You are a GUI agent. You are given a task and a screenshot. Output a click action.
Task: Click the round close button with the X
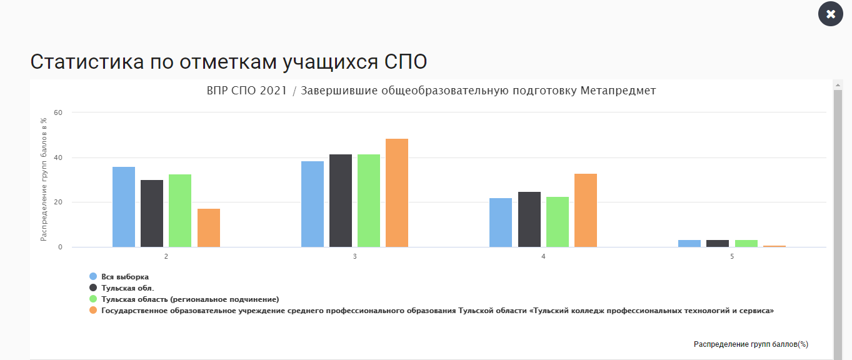coord(831,14)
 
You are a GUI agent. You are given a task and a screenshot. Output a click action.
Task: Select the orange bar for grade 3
coord(397,192)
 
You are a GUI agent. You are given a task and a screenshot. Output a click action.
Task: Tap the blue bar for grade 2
coord(124,207)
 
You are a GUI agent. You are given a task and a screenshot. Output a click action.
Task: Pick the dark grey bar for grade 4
coord(529,219)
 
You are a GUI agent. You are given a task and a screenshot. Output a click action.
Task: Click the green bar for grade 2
coord(180,211)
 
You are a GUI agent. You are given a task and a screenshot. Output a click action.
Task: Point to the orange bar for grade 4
coord(585,210)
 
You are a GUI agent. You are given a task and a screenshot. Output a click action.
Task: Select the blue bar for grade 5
coord(689,243)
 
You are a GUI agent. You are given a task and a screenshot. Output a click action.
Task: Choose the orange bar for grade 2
coord(208,227)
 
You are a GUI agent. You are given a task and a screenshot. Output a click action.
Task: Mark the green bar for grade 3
coord(369,201)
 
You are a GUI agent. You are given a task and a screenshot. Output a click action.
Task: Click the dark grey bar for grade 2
coord(152,213)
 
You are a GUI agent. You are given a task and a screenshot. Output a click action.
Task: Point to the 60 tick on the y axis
coord(58,112)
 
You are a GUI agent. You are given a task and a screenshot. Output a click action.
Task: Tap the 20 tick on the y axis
coord(58,202)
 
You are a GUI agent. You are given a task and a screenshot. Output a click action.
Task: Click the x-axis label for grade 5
coord(732,257)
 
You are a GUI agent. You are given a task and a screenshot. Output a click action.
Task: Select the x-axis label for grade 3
coord(354,257)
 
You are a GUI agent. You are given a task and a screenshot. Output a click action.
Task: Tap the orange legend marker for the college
coord(93,310)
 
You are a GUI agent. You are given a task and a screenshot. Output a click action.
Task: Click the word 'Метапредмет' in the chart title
coord(618,91)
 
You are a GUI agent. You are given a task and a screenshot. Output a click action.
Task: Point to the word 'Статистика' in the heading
coord(87,62)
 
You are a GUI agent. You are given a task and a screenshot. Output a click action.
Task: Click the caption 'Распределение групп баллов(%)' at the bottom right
coord(751,344)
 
